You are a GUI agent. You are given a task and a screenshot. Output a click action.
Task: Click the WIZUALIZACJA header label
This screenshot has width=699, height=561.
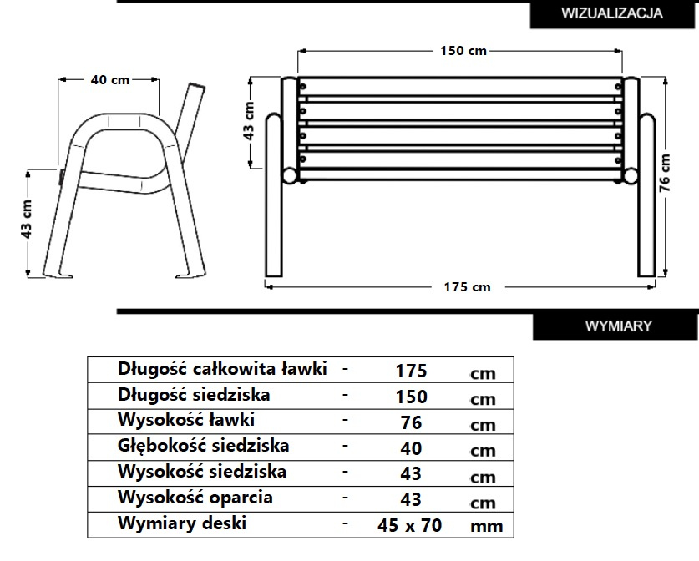[611, 13]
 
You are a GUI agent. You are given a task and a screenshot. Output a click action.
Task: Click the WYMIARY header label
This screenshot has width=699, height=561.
[618, 326]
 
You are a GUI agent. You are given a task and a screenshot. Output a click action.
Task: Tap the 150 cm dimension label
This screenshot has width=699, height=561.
[463, 51]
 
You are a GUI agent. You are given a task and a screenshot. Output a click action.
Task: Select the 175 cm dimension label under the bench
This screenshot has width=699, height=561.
[467, 287]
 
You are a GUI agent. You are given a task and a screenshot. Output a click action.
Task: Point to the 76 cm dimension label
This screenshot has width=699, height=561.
[664, 173]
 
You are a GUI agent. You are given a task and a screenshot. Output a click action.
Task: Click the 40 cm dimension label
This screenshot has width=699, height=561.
[110, 80]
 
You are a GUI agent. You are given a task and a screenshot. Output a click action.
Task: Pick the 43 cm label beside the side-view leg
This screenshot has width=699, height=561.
[26, 219]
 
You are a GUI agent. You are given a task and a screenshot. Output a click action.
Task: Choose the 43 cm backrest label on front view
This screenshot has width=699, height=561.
[249, 121]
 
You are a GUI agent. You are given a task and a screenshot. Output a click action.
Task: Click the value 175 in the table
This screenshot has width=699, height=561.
[411, 371]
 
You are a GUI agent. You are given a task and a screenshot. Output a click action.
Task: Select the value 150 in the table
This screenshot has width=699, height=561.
[411, 397]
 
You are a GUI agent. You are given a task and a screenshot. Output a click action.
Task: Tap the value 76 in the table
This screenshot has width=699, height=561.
[411, 422]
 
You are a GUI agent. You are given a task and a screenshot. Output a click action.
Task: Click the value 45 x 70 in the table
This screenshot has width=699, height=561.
[410, 525]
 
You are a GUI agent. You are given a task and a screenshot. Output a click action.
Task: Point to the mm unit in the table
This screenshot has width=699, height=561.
[486, 526]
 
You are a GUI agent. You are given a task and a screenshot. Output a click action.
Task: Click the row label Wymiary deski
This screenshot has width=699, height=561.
[182, 523]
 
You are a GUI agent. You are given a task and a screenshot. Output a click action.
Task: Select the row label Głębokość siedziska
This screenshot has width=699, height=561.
[203, 446]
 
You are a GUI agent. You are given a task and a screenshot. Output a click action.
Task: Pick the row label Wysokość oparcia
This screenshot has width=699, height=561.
[195, 498]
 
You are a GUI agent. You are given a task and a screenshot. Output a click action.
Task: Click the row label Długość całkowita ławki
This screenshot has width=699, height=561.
[222, 369]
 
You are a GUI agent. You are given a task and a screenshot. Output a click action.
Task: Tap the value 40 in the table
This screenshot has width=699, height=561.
[411, 448]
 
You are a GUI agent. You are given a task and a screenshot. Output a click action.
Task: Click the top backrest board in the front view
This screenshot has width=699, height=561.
[460, 87]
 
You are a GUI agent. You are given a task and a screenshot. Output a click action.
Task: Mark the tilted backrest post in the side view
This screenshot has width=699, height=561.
[190, 117]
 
